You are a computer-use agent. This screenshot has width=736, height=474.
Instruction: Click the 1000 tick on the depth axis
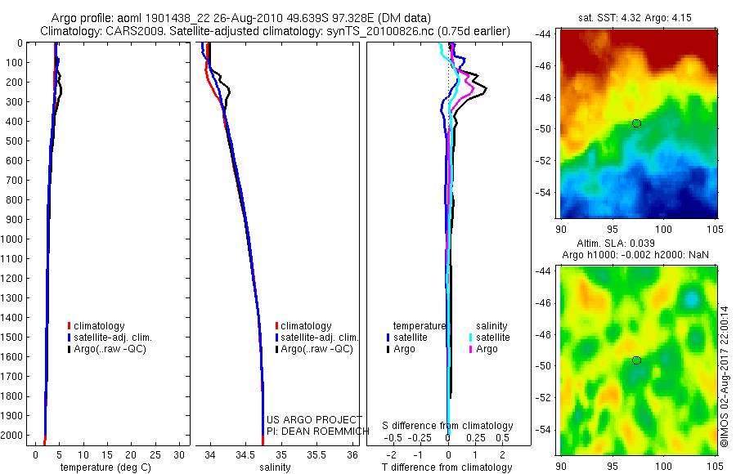(x=14, y=239)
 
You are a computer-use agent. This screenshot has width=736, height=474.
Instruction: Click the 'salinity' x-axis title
(x=275, y=467)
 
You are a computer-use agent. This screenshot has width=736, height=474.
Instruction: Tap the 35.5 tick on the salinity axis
(x=316, y=454)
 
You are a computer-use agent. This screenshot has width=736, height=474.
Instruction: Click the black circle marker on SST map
(x=636, y=123)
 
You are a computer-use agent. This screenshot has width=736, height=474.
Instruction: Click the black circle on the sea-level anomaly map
(x=636, y=360)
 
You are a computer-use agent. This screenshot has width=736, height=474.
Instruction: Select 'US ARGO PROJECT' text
(x=314, y=420)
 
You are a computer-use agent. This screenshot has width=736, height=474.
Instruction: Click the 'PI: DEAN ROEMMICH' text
(x=314, y=431)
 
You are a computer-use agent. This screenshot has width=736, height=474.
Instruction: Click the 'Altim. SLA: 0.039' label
(x=636, y=244)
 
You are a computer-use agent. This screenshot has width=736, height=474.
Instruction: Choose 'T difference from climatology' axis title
(x=448, y=467)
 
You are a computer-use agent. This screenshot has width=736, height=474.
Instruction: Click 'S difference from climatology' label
(x=448, y=426)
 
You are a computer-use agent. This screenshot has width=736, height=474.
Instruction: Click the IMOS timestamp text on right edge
(x=725, y=377)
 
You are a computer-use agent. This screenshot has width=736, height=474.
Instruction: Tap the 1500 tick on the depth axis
(x=14, y=337)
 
